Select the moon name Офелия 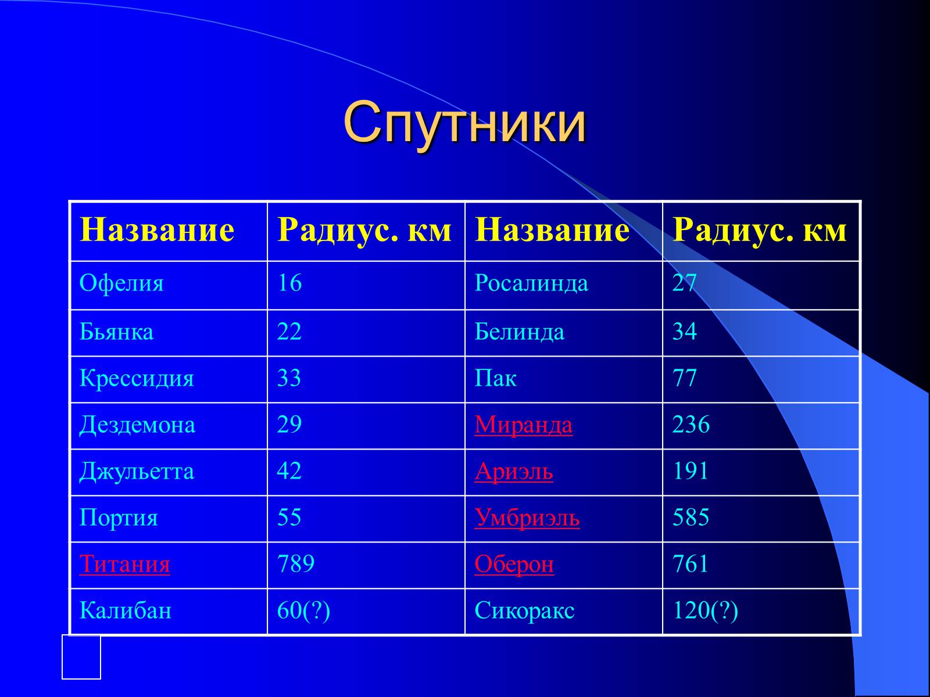tap(121, 284)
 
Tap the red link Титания tap(124, 564)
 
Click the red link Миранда tap(523, 425)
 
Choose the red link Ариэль tap(513, 471)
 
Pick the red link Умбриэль tap(527, 518)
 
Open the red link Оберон tap(514, 564)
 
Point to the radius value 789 tap(296, 564)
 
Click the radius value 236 tap(691, 425)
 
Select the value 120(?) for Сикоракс tap(705, 610)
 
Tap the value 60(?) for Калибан tap(303, 610)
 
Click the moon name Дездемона tap(137, 425)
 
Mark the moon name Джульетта tap(137, 471)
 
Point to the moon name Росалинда tap(531, 284)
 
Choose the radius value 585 tap(691, 518)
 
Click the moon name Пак tap(495, 379)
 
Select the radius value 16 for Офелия tap(289, 284)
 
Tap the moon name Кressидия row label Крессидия tap(137, 379)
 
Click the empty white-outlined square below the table tap(81, 657)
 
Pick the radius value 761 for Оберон tap(691, 564)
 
